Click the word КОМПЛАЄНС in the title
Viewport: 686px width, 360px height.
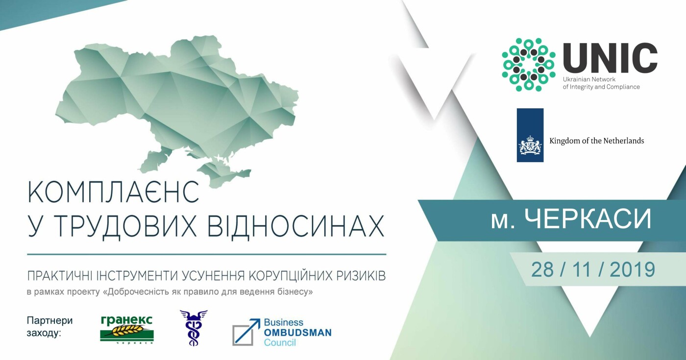(113, 192)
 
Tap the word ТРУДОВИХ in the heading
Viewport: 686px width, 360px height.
(126, 226)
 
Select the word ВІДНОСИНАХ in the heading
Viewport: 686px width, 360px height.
(296, 226)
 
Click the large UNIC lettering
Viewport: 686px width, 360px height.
(610, 58)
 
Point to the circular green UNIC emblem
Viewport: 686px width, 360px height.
(529, 65)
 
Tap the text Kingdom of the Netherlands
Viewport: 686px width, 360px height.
(597, 141)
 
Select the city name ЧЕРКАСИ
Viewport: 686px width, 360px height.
(588, 219)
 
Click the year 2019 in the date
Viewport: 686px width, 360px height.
(632, 270)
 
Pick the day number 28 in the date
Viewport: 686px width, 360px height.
(542, 270)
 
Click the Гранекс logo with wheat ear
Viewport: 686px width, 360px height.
(127, 329)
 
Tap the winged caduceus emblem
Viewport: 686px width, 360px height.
(193, 328)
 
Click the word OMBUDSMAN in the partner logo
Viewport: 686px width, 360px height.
(298, 333)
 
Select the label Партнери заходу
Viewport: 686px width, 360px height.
(49, 326)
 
